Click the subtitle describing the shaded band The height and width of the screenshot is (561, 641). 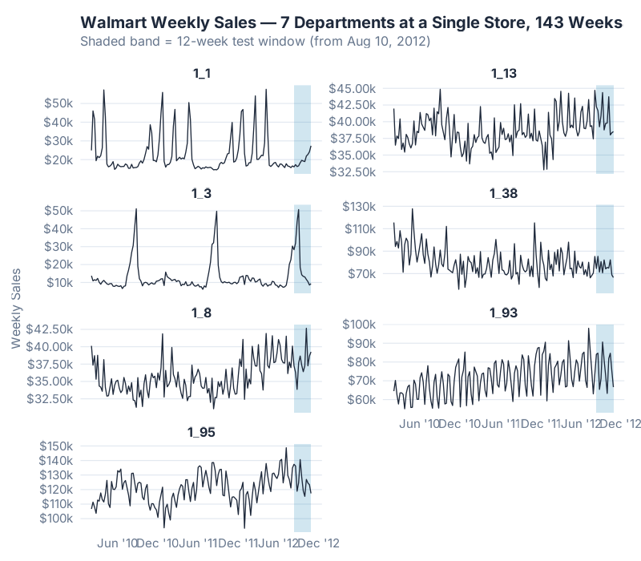[x=256, y=41]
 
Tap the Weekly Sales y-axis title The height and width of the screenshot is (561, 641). [x=17, y=309]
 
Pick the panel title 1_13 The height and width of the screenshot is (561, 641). [x=504, y=74]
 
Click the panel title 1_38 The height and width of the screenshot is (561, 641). [x=504, y=193]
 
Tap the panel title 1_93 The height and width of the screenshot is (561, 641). [x=504, y=313]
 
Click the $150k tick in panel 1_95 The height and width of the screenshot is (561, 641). [x=58, y=446]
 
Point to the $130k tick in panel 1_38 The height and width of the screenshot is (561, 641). [x=361, y=206]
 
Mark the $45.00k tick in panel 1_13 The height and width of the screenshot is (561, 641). [x=351, y=88]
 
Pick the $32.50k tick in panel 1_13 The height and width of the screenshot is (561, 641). [x=351, y=172]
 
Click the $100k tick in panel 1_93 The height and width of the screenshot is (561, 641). [x=361, y=325]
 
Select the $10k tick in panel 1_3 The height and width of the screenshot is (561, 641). [x=62, y=282]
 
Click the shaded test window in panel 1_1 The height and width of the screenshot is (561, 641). [x=302, y=128]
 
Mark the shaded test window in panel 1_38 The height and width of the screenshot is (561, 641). [x=605, y=248]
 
